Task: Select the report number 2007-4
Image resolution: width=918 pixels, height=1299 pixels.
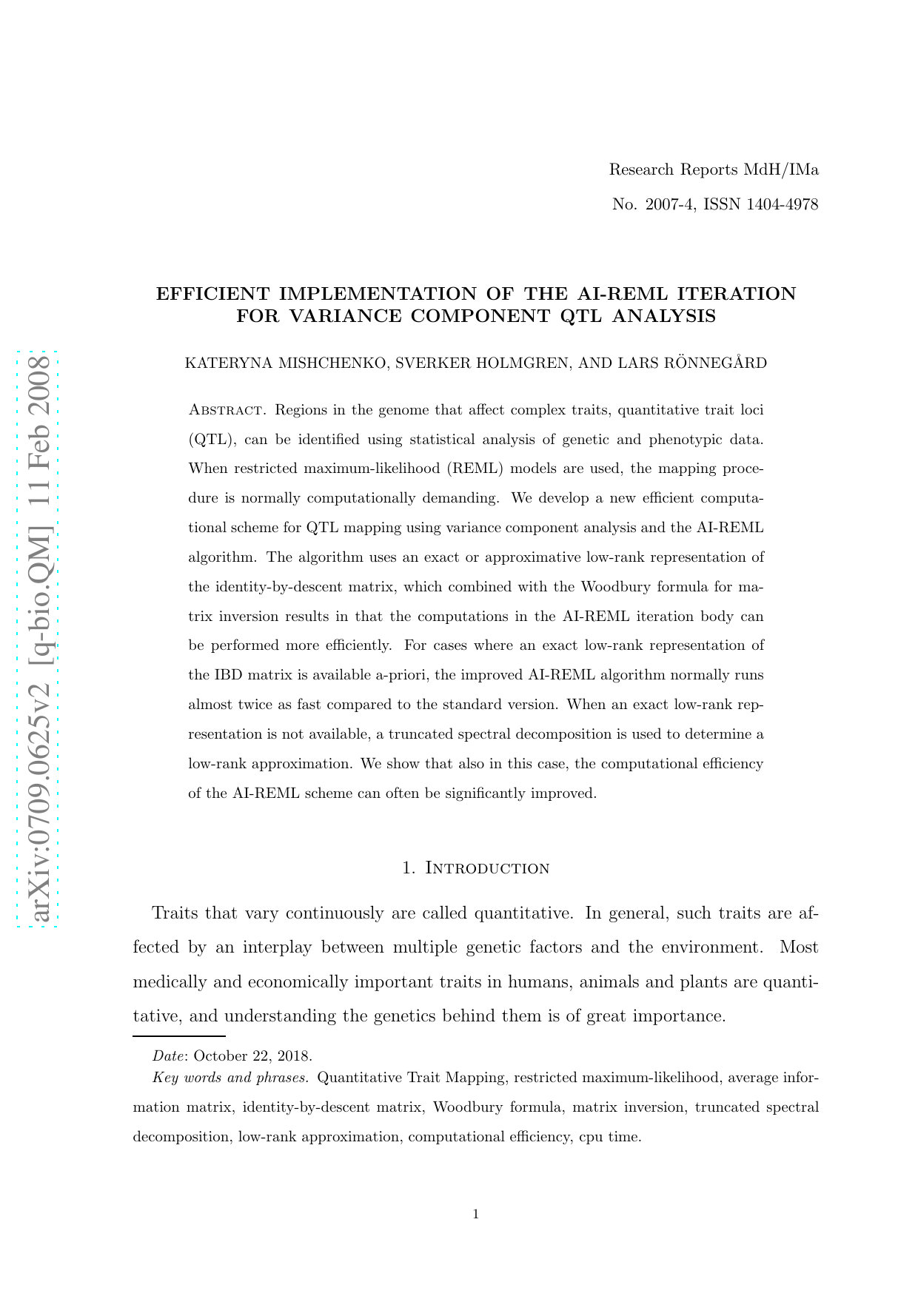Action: pyautogui.click(x=669, y=204)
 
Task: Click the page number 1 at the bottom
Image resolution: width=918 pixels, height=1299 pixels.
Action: pyautogui.click(x=475, y=1214)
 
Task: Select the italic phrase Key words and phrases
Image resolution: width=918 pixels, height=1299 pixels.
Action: pyautogui.click(x=231, y=1078)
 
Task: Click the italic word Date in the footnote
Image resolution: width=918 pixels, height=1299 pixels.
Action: pyautogui.click(x=169, y=1055)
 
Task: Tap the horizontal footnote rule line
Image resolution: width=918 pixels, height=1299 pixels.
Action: pyautogui.click(x=178, y=1036)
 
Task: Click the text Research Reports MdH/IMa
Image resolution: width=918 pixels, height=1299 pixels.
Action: pyautogui.click(x=714, y=169)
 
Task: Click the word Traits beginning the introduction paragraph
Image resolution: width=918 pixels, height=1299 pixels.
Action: pyautogui.click(x=175, y=913)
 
